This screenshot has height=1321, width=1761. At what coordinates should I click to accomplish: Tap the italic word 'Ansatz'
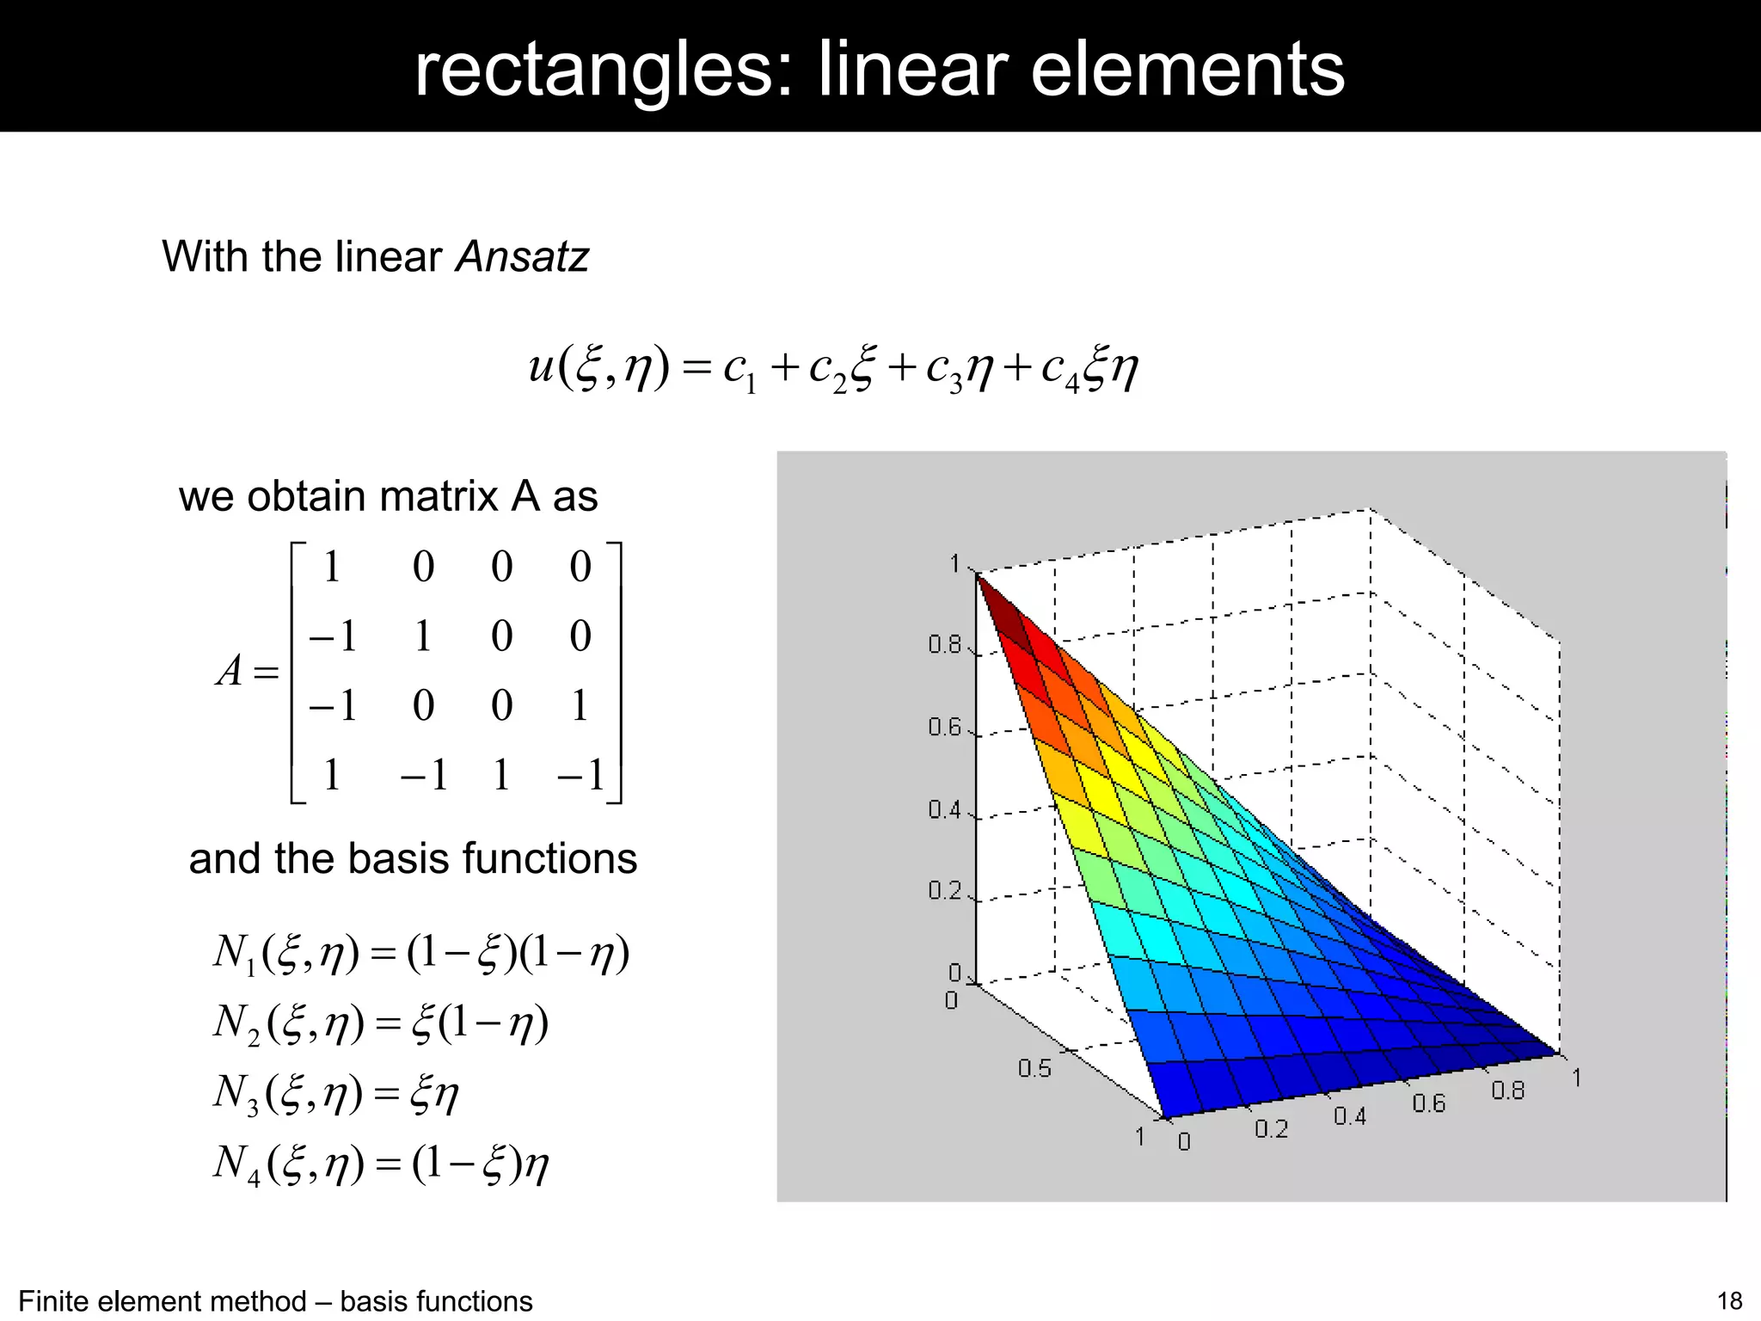click(x=522, y=256)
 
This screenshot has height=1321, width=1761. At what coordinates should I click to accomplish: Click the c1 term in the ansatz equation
click(x=740, y=369)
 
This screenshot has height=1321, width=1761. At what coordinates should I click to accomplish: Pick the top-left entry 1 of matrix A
click(x=331, y=568)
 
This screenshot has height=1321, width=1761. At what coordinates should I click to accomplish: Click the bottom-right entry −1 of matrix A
click(x=583, y=775)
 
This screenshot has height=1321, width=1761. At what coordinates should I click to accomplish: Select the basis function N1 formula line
click(x=421, y=953)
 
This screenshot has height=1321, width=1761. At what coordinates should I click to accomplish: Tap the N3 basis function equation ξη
click(x=335, y=1094)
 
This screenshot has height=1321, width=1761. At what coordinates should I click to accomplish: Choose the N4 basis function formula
click(x=380, y=1164)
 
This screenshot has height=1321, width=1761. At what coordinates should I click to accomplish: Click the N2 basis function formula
click(x=380, y=1023)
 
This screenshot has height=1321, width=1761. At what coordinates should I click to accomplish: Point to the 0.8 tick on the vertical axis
click(x=944, y=644)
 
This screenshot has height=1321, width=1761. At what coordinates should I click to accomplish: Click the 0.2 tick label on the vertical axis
click(x=944, y=890)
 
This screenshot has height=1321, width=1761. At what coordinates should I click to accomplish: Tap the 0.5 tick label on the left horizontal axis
click(x=1034, y=1068)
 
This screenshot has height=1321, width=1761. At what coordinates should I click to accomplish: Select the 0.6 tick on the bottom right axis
click(x=1428, y=1103)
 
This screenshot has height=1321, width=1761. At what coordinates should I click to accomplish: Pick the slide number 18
click(x=1729, y=1301)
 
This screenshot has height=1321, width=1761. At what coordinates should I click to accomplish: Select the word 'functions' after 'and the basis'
click(x=549, y=858)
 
